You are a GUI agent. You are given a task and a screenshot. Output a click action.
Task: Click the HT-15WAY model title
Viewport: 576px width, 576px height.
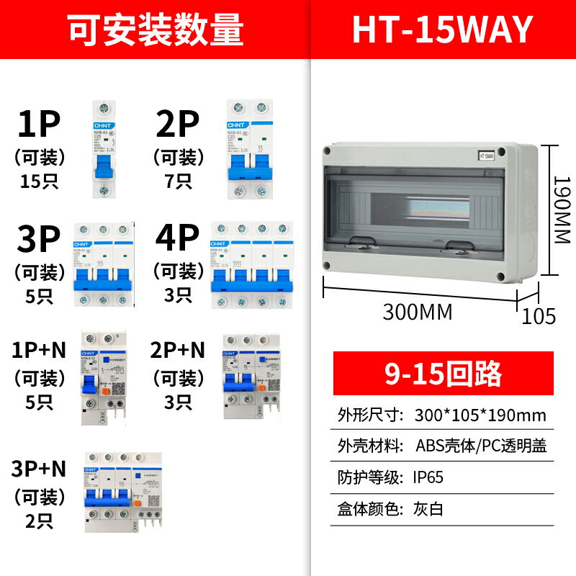coord(442,30)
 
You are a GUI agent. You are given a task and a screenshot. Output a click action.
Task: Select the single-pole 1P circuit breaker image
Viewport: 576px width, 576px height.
coord(104,149)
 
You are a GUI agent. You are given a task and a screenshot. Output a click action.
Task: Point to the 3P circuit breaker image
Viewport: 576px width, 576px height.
coord(105,265)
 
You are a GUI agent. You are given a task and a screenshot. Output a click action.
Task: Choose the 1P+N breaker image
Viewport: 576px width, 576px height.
coord(100,376)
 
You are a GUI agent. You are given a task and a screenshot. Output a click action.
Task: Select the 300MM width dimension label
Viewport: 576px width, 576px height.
coord(417,312)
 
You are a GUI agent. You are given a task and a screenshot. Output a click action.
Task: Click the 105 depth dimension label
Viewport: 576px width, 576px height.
coord(539,315)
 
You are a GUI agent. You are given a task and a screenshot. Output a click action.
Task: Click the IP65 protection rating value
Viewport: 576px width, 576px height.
coord(430,477)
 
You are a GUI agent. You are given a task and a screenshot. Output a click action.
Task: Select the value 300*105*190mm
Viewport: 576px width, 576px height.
coord(480,415)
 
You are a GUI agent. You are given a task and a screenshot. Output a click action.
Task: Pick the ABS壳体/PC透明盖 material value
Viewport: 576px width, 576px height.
coord(481,446)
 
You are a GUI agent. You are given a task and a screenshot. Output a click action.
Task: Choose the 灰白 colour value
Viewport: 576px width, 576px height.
coord(430,508)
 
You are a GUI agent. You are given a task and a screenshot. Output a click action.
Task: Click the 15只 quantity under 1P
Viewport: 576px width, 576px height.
coord(40,181)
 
